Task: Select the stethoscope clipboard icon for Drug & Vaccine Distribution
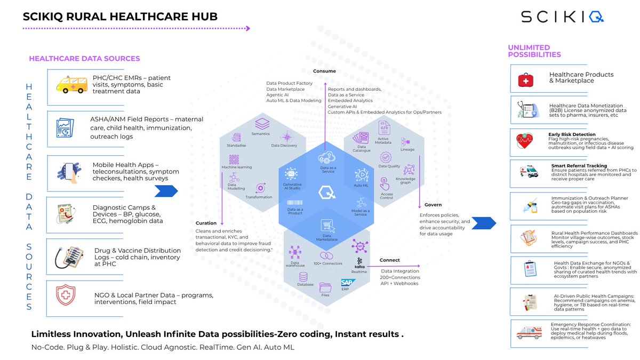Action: coord(70,257)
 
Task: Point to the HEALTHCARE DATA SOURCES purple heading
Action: coord(84,59)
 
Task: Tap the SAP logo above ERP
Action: coord(348,282)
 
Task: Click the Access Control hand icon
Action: coord(383,183)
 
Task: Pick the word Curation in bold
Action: coord(206,223)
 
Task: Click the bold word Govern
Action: coord(433,205)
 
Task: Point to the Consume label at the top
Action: coord(324,71)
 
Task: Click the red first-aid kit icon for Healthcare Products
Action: coord(526,80)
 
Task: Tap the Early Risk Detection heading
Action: coord(572,134)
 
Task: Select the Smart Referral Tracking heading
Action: coord(579,166)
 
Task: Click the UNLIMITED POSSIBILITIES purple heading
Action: coord(534,51)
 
